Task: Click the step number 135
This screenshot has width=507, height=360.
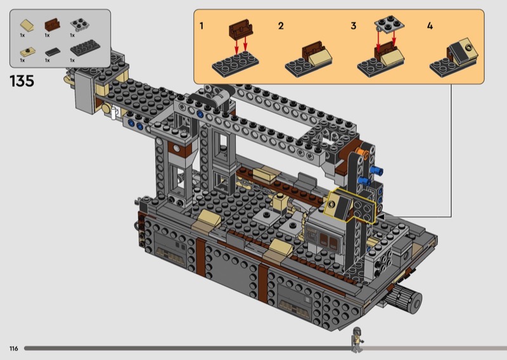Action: [x=22, y=81]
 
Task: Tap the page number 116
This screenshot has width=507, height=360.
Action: [x=13, y=349]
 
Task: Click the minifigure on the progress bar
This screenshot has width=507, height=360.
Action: [x=357, y=340]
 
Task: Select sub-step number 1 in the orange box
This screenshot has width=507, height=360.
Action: [x=202, y=25]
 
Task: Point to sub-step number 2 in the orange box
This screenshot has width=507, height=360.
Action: [x=281, y=25]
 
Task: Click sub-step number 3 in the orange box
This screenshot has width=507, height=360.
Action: [x=354, y=25]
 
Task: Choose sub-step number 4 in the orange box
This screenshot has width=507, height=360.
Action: [x=430, y=25]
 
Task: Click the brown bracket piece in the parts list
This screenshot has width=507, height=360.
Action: [x=52, y=25]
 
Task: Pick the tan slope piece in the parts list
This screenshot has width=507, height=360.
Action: [x=27, y=25]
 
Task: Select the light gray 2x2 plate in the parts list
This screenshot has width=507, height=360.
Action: [x=80, y=25]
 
